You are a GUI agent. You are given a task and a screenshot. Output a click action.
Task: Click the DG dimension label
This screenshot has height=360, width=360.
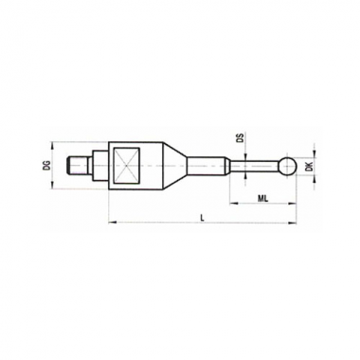[x=47, y=166]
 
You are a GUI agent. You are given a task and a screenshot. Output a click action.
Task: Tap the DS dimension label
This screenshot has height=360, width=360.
[x=241, y=138]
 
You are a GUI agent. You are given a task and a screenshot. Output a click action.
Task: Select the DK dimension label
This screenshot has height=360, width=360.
[x=310, y=166]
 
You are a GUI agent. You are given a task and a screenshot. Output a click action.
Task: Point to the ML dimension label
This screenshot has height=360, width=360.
[x=262, y=198]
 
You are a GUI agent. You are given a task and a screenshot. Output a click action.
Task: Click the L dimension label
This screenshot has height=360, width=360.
[x=202, y=217]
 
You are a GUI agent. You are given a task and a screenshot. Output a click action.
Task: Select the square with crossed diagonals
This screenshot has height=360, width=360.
[x=126, y=166]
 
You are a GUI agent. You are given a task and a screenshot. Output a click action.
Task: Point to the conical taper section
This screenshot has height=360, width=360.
[x=174, y=166]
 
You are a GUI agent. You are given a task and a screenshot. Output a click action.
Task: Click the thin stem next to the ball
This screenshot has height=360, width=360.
[x=255, y=166]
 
